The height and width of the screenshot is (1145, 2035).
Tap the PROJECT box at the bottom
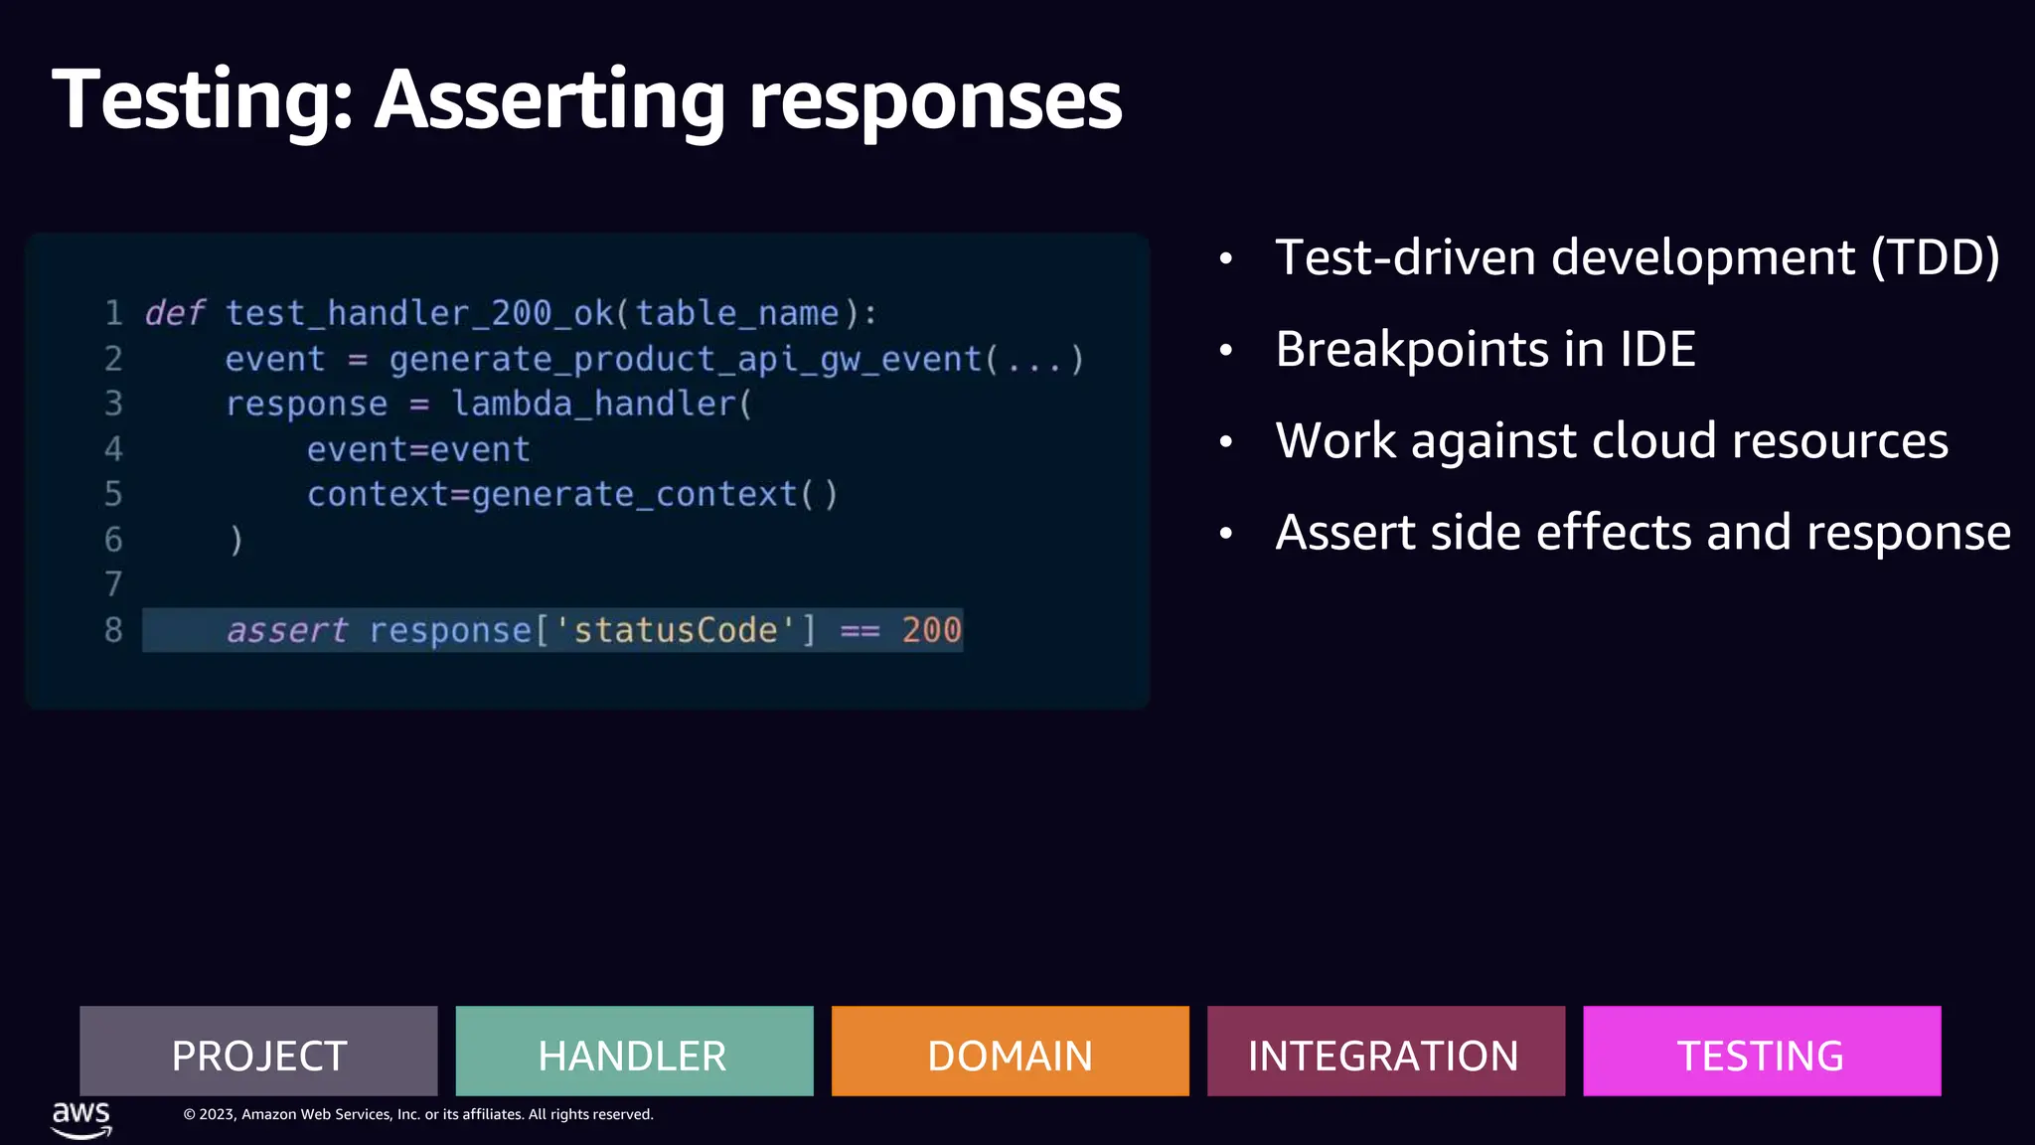tap(258, 1052)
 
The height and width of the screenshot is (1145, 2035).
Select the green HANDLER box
tap(634, 1052)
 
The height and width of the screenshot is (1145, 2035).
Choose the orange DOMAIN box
tap(1010, 1052)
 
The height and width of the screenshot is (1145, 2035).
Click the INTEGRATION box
tap(1385, 1052)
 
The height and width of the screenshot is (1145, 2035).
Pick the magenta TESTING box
tap(1761, 1052)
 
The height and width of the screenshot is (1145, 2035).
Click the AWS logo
tap(81, 1118)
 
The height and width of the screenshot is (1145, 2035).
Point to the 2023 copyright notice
tap(417, 1114)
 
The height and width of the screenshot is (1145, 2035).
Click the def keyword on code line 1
tap(175, 313)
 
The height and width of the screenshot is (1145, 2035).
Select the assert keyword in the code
tap(287, 630)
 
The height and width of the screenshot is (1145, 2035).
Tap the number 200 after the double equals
tap(931, 630)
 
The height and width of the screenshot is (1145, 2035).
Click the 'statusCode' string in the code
tap(675, 630)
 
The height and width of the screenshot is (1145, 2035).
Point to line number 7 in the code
tap(113, 584)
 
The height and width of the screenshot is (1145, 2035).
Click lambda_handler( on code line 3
tap(602, 404)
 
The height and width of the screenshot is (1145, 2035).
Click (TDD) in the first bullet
tap(1935, 257)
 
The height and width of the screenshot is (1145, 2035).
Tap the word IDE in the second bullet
tap(1657, 349)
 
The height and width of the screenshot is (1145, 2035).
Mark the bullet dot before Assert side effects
tap(1226, 534)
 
